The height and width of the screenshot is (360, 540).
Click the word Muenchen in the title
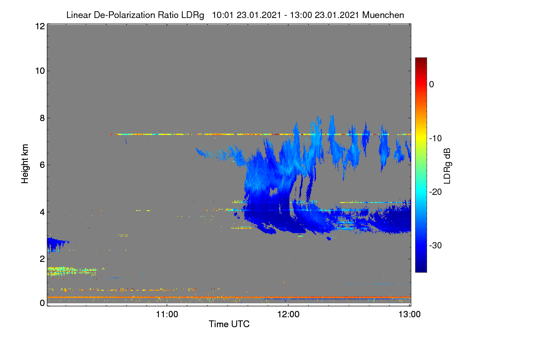click(383, 15)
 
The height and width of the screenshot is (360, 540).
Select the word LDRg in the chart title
click(193, 15)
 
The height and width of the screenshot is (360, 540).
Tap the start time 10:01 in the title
click(223, 15)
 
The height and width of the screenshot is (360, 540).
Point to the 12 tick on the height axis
click(40, 26)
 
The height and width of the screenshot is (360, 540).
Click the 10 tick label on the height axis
click(40, 71)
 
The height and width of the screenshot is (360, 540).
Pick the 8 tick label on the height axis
click(42, 118)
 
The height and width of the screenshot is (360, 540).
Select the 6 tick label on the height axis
click(42, 165)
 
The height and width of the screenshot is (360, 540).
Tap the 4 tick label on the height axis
click(42, 212)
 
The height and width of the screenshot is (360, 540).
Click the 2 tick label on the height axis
click(42, 259)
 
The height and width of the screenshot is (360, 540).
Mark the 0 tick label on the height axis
click(42, 303)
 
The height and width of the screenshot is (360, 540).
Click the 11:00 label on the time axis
click(167, 315)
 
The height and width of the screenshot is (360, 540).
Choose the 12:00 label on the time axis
click(288, 315)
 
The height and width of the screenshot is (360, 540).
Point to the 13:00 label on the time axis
click(409, 315)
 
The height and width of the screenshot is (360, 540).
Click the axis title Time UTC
click(229, 324)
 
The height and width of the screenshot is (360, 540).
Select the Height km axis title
click(25, 164)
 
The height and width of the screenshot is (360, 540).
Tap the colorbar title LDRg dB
click(447, 166)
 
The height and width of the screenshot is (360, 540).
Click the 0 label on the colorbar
click(432, 85)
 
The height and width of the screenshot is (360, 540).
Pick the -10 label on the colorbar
click(436, 139)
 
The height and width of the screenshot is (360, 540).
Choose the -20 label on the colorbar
click(436, 192)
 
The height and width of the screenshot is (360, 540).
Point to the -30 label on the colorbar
click(436, 246)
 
